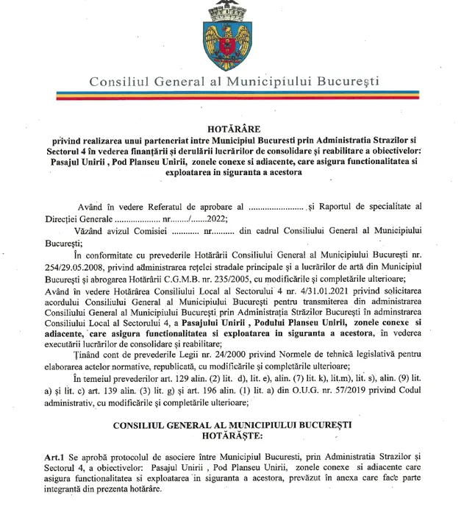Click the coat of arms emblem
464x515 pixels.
tap(232, 33)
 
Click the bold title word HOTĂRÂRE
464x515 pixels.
tap(232, 126)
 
